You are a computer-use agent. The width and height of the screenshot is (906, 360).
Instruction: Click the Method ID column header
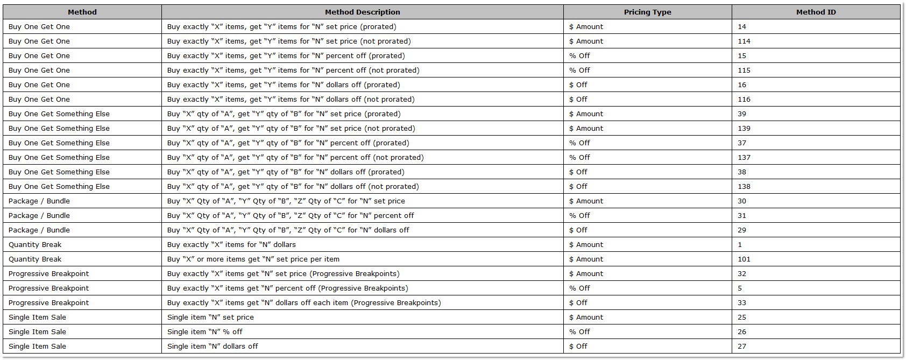[x=816, y=12]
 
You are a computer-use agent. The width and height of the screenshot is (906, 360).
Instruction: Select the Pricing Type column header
[x=647, y=12]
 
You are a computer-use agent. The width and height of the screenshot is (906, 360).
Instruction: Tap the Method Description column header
[x=362, y=12]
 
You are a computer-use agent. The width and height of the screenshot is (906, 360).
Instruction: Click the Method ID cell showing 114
[x=744, y=41]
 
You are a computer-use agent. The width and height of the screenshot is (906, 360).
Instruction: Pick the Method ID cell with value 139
[x=744, y=128]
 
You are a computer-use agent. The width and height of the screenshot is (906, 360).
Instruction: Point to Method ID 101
[x=744, y=259]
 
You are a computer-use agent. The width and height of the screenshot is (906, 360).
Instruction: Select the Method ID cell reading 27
[x=742, y=346]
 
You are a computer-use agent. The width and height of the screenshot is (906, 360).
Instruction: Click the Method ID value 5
[x=740, y=288]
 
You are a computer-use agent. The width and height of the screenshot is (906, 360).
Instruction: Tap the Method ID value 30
[x=742, y=201]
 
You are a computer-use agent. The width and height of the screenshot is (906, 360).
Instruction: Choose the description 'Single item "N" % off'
[x=205, y=331]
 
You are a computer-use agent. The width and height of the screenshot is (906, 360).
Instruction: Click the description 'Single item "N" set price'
[x=210, y=317]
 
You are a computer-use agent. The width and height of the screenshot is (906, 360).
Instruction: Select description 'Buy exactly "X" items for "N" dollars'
[x=231, y=244]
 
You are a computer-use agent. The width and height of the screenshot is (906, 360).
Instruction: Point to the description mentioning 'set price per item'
[x=253, y=259]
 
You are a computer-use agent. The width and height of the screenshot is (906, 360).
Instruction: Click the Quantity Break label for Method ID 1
[x=35, y=244]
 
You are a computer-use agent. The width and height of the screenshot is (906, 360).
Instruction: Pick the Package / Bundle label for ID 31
[x=39, y=215]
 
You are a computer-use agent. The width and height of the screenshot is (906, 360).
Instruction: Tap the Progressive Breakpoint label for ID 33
[x=48, y=302]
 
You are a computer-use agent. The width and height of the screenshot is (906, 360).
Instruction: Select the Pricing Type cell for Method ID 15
[x=579, y=55]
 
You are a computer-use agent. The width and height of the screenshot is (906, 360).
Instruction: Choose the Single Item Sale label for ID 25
[x=37, y=317]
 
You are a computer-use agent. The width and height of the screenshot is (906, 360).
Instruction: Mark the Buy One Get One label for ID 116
[x=39, y=99]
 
